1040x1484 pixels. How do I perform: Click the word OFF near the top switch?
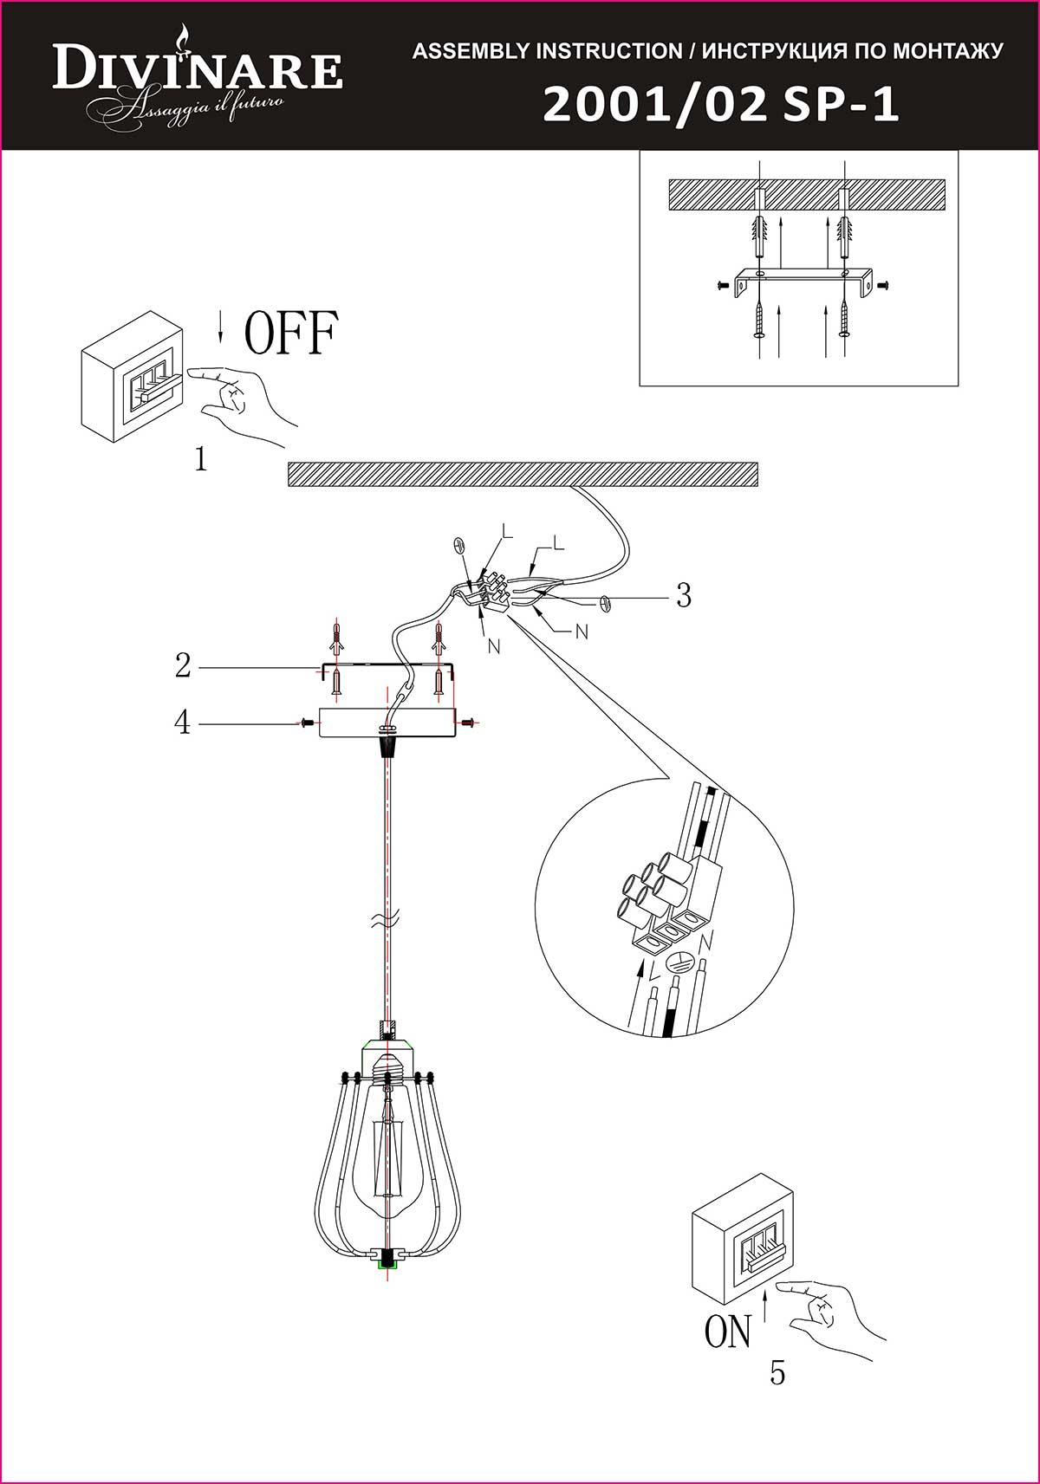[290, 334]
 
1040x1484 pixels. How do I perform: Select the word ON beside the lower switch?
[728, 1331]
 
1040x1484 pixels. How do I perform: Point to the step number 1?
[201, 459]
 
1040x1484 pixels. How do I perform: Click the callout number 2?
[183, 666]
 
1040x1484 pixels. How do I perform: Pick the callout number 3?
[684, 596]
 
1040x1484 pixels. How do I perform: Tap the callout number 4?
[183, 722]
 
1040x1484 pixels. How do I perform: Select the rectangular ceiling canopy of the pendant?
[387, 723]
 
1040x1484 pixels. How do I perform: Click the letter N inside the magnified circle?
[705, 941]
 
